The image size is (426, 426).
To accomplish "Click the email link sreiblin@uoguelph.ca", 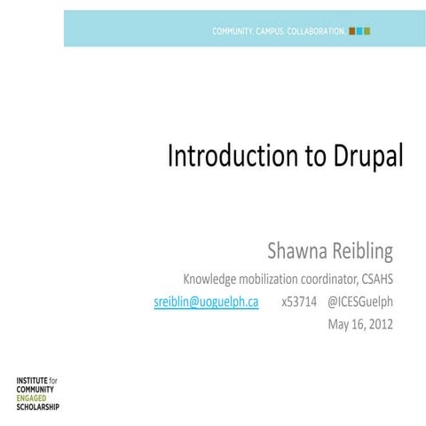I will click(206, 302).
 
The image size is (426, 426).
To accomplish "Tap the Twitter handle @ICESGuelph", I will click(360, 302).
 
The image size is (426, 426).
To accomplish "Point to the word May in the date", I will click(339, 324).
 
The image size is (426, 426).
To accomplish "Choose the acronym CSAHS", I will click(373, 279).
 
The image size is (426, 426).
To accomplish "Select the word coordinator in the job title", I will click(319, 279).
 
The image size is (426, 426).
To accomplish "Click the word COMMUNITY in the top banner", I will click(233, 31).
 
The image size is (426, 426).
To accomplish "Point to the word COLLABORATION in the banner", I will click(312, 31).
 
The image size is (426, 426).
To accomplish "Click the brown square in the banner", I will click(351, 31).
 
